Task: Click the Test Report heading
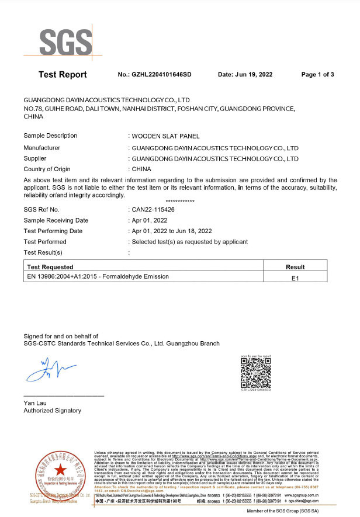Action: (63, 75)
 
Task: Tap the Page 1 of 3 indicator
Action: (317, 75)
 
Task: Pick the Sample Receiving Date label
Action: (56, 220)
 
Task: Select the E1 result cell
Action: (295, 277)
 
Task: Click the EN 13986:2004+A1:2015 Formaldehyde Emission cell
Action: (98, 277)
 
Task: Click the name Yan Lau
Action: (35, 403)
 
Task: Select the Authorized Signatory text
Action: (52, 411)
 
